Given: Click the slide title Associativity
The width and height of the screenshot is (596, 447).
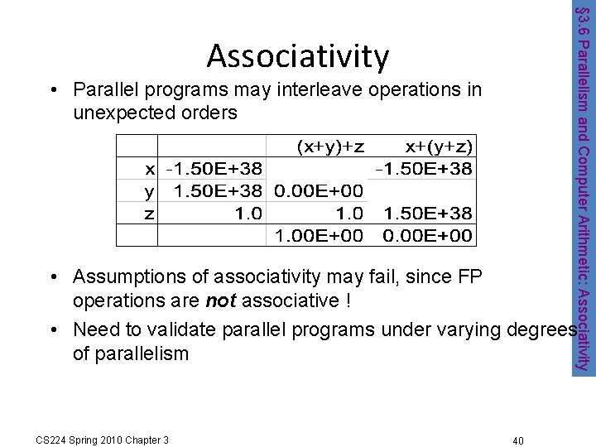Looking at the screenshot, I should coord(298,55).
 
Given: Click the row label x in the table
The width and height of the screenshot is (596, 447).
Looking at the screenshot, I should coord(149,169).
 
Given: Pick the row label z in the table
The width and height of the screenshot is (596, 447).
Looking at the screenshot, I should coord(149,213).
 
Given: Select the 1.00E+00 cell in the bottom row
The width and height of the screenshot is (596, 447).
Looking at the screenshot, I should coord(319,235).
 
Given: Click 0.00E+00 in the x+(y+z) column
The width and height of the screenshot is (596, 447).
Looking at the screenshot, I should coord(428,235).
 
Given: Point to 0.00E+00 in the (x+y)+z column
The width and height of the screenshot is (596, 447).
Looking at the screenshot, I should coord(319,191).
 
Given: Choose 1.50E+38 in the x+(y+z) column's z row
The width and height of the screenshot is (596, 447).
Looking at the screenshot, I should coord(428,213).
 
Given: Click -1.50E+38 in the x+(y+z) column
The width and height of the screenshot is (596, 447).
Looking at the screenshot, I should coord(424,169).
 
